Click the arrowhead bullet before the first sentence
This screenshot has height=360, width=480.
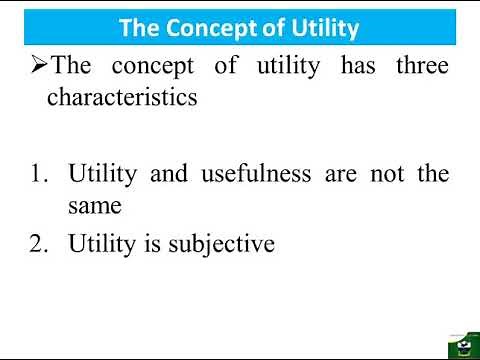38,67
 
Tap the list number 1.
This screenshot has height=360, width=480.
39,173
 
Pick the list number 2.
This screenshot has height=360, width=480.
39,242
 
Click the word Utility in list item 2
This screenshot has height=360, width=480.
103,242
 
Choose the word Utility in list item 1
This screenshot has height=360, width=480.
103,173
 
